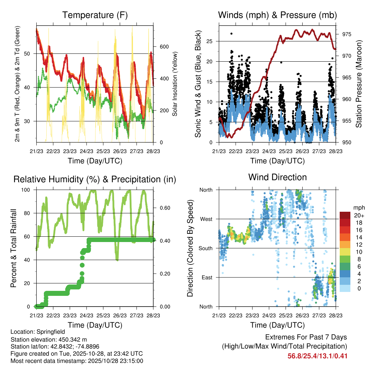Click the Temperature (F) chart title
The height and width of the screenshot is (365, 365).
[95, 15]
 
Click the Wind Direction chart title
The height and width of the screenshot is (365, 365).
[277, 177]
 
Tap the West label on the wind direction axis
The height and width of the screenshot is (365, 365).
[206, 219]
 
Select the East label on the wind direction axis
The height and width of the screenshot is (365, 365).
[206, 277]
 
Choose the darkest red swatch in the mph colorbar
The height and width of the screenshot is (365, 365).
[345, 215]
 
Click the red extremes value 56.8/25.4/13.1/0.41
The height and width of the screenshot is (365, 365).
[317, 356]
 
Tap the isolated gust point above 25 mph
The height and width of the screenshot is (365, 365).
[231, 34]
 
